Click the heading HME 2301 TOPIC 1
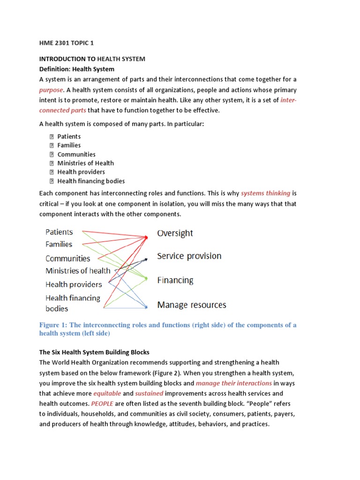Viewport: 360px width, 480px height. [x=67, y=43]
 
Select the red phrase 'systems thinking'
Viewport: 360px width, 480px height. [x=265, y=193]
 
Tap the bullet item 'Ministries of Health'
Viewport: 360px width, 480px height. [x=85, y=163]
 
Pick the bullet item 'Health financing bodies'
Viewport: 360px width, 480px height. [x=91, y=181]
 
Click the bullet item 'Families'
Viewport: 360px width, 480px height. [x=69, y=145]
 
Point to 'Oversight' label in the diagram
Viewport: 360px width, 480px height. [x=175, y=233]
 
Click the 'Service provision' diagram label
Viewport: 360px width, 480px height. [x=189, y=256]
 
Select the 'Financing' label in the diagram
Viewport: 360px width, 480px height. [x=175, y=280]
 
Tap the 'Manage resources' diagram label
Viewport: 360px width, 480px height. [x=191, y=305]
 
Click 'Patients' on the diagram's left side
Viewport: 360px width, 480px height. [x=59, y=232]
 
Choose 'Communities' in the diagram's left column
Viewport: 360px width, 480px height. [x=67, y=258]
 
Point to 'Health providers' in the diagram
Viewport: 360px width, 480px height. [x=73, y=284]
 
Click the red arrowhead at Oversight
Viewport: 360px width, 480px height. [x=146, y=238]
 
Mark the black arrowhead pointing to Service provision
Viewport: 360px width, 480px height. [x=147, y=258]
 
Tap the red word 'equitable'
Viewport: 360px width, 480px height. [x=107, y=393]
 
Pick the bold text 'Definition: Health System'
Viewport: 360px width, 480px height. [x=76, y=69]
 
